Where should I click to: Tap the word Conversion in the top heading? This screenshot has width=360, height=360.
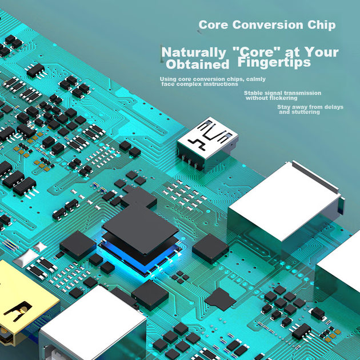pyautogui.click(x=267, y=25)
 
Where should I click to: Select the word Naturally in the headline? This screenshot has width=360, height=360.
pyautogui.click(x=194, y=53)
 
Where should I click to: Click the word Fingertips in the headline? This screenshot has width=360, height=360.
pyautogui.click(x=274, y=62)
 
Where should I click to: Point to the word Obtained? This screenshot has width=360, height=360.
pyautogui.click(x=198, y=65)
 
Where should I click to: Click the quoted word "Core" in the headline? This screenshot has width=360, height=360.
pyautogui.click(x=257, y=51)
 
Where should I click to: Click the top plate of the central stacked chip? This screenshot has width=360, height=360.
pyautogui.click(x=140, y=231)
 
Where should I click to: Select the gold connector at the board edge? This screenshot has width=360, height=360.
pyautogui.click(x=25, y=303)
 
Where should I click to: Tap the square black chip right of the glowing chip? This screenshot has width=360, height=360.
pyautogui.click(x=210, y=249)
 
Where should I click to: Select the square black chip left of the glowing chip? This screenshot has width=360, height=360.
pyautogui.click(x=78, y=246)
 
